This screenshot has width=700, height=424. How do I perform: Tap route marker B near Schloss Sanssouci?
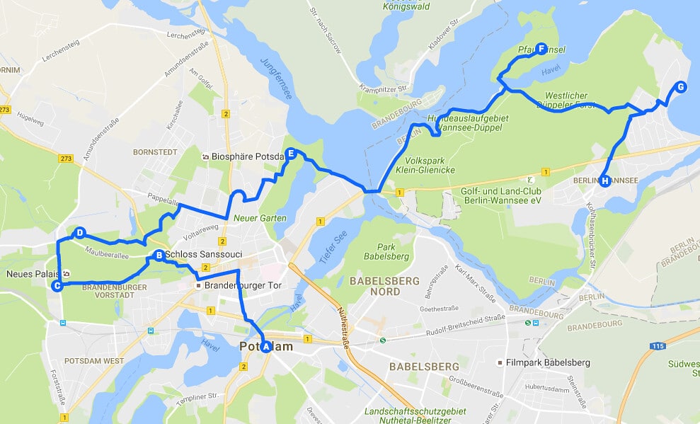(x=159, y=255)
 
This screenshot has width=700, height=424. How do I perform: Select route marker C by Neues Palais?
(x=57, y=286)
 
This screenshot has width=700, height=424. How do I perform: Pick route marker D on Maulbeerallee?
(x=80, y=233)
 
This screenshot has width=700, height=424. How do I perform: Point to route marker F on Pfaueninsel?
(x=541, y=49)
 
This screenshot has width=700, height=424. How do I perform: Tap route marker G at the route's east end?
(x=680, y=87)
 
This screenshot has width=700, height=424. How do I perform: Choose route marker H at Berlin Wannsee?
(x=605, y=181)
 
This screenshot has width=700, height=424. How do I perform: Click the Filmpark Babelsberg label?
(x=548, y=363)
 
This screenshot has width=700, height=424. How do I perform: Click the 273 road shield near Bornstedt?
(x=67, y=158)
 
